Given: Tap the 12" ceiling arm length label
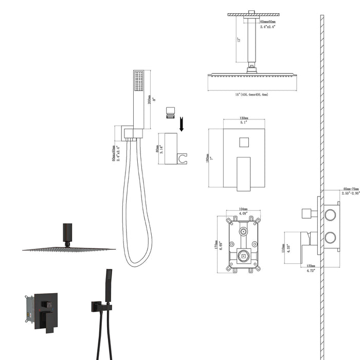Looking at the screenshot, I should click(238, 40).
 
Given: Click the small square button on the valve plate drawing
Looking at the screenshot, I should click(244, 142).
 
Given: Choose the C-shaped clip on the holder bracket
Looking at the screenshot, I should click(182, 158).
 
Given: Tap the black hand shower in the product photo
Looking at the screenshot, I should click(108, 285).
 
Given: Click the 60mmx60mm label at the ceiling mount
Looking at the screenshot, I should click(268, 22).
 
